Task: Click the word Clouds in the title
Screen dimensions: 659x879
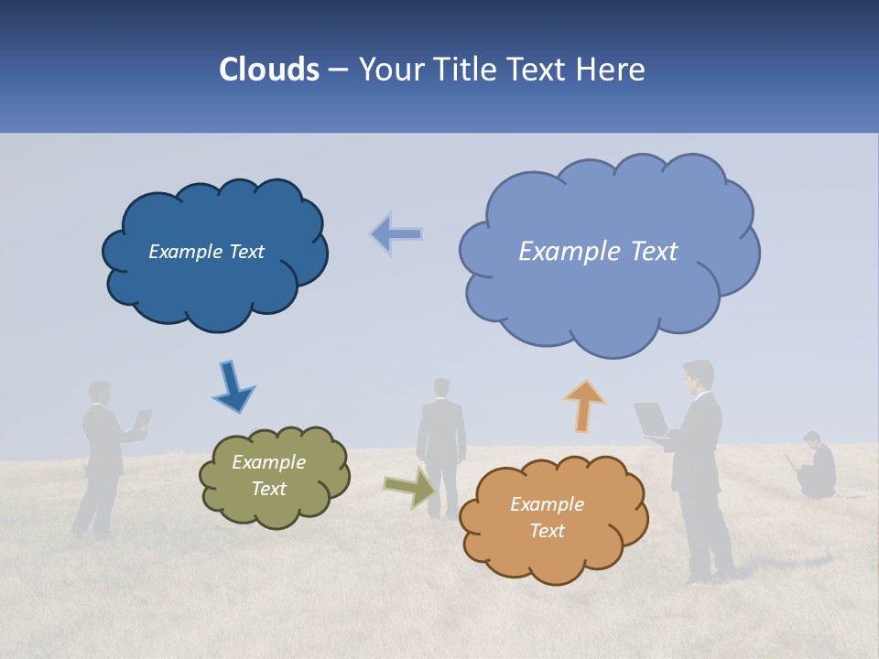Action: click(269, 70)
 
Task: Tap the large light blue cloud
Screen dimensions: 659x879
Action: click(609, 293)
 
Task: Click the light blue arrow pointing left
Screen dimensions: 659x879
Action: click(397, 234)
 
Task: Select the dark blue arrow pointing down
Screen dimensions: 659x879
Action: click(233, 386)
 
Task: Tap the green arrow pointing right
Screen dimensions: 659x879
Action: click(409, 487)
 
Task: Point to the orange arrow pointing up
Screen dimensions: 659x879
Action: click(583, 405)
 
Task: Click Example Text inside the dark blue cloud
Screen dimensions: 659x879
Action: click(206, 252)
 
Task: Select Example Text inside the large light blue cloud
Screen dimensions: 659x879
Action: click(598, 252)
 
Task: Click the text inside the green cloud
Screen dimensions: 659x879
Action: click(268, 476)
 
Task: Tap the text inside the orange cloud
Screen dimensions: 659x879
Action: click(547, 517)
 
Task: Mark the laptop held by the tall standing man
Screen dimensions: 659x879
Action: click(652, 419)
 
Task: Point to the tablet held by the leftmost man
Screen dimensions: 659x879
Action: click(143, 420)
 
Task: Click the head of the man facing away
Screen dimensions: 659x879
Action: click(442, 388)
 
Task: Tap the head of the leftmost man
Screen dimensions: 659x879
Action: click(99, 392)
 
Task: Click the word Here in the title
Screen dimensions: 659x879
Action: click(613, 70)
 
